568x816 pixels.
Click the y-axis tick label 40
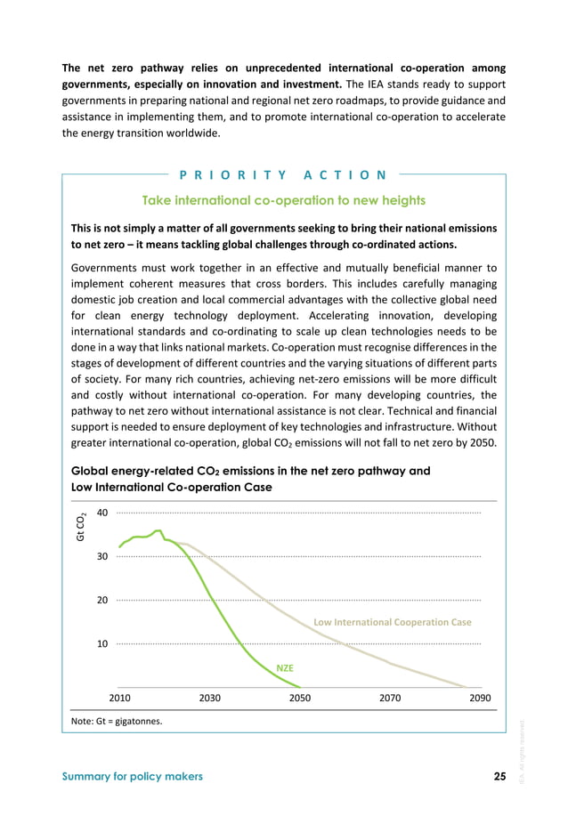102,513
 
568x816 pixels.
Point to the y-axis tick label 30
102,556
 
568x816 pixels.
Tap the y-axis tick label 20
102,600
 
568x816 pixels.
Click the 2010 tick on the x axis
119,698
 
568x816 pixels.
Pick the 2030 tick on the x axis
209,698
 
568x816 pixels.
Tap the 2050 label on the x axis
300,698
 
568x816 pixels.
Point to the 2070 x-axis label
390,698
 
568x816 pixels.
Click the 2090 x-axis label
480,698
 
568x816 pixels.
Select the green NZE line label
285,667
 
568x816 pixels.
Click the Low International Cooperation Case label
393,622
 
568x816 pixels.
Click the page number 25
499,776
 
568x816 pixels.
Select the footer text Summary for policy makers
132,776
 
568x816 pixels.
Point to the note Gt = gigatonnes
116,721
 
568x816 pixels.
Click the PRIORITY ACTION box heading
284,174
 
